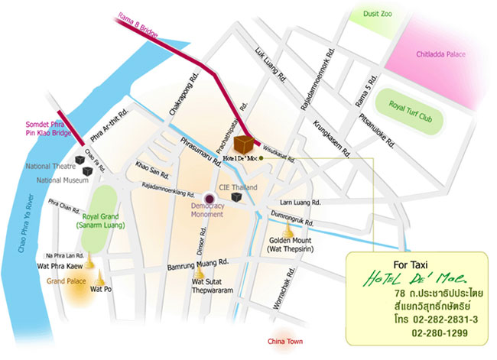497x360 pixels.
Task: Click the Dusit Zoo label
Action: point(379,13)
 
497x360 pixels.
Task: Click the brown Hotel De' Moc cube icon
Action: point(245,144)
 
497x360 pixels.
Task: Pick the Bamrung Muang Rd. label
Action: point(198,267)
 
